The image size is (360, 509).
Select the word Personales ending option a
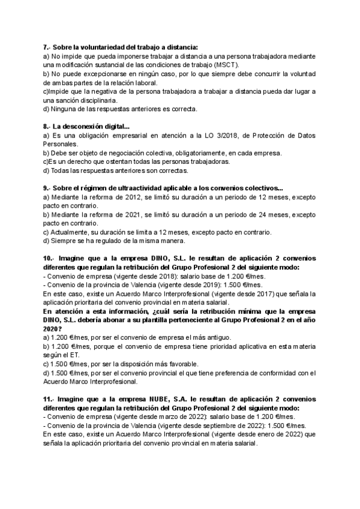[61, 144]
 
